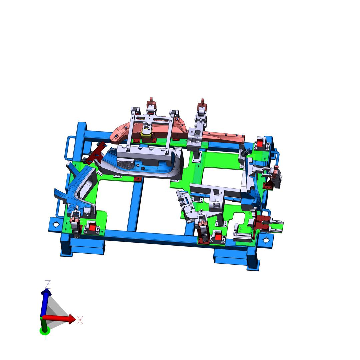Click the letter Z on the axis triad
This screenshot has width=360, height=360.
tap(48, 284)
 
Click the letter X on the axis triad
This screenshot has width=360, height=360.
tap(80, 320)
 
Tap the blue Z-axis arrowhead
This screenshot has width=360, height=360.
tap(46, 292)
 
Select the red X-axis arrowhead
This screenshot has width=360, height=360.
tap(72, 319)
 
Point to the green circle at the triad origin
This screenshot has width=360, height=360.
tap(45, 331)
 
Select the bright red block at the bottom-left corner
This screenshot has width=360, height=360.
tap(92, 228)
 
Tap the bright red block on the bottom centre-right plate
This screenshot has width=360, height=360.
tap(218, 236)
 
